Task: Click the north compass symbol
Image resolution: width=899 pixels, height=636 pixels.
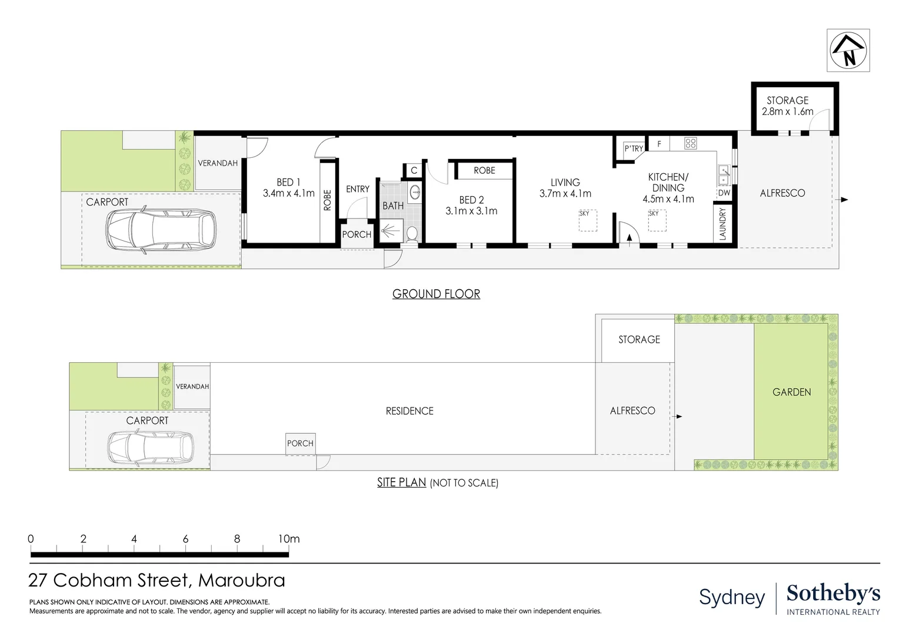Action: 848,51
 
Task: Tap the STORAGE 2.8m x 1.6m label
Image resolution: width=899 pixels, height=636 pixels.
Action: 787,106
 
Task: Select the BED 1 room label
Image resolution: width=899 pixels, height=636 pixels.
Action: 288,188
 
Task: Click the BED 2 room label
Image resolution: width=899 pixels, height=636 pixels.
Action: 471,206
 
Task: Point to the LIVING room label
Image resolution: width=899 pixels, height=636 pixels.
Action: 565,188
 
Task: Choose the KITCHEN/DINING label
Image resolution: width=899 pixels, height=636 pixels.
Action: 668,188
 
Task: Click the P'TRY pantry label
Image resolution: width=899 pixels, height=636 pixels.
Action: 634,148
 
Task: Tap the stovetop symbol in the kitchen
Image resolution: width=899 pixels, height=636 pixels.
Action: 691,143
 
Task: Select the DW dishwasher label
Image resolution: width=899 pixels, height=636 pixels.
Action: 724,193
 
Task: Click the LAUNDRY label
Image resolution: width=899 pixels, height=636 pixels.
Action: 722,223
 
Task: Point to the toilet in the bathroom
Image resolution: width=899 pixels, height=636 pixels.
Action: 412,234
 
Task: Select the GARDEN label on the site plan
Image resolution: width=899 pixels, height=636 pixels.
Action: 791,392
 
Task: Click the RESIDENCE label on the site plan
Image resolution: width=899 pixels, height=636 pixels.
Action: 409,411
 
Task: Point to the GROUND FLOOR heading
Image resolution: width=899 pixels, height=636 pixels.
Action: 436,294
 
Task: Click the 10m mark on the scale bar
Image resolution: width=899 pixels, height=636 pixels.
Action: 288,539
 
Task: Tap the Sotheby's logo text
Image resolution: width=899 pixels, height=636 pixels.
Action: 833,595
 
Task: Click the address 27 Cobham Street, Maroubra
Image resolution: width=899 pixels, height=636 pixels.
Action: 157,581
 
